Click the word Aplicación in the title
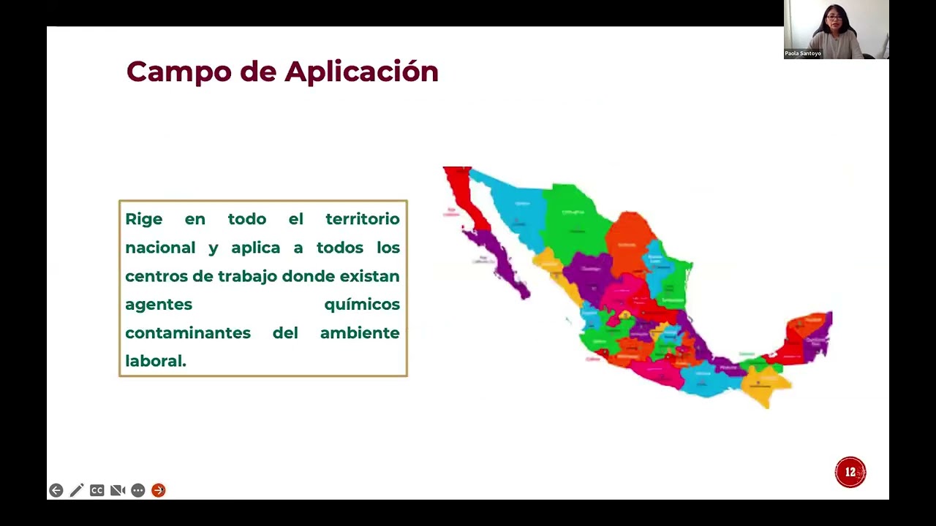tap(361, 72)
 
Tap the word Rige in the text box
tap(143, 219)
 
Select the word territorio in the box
tap(362, 219)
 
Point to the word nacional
tap(160, 248)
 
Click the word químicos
tap(361, 305)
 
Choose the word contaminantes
tap(187, 333)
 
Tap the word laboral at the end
tap(154, 361)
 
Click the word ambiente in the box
tap(359, 333)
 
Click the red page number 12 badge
tap(850, 473)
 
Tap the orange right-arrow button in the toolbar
tap(159, 490)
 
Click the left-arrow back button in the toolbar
tap(56, 490)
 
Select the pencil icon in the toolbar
tap(77, 490)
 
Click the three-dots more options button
tap(138, 490)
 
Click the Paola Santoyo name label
tap(803, 53)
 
